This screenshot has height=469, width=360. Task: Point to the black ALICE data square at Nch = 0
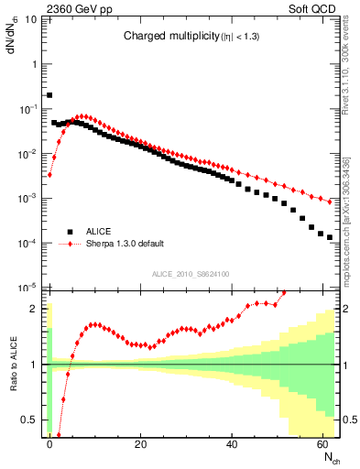coord(49,94)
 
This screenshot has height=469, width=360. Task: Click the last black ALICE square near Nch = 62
coord(329,237)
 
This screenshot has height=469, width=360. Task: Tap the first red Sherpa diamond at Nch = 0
coord(49,175)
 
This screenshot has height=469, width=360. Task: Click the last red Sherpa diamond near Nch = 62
coord(329,202)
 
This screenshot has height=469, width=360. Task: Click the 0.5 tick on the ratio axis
coord(30,420)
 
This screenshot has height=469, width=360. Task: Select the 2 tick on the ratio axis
coord(36,309)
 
